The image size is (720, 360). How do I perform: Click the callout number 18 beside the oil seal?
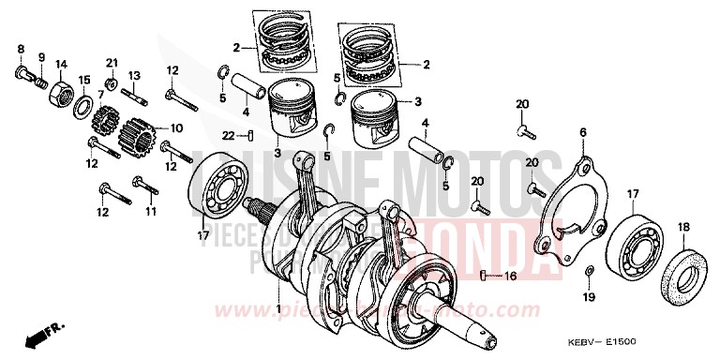(682, 227)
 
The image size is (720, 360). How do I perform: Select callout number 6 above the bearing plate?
(582, 134)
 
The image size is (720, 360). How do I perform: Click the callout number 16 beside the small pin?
(510, 277)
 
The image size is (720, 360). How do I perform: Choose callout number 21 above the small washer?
(112, 63)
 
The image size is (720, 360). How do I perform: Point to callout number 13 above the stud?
(134, 75)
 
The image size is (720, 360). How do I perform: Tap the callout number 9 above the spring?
(41, 56)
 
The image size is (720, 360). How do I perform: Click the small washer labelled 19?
(587, 273)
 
